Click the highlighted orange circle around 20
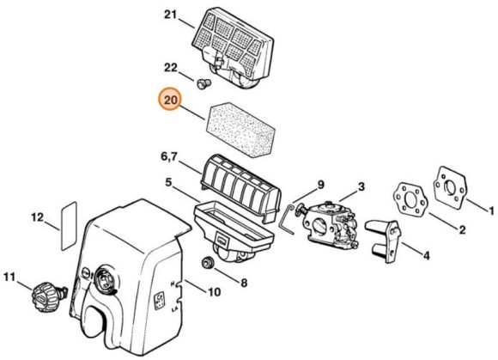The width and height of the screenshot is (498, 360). click(171, 99)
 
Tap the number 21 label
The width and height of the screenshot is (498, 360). click(171, 15)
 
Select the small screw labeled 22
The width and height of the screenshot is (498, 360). click(203, 84)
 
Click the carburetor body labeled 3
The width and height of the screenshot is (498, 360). click(331, 223)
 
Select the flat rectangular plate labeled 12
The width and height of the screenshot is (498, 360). click(69, 225)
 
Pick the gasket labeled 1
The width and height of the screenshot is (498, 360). click(451, 188)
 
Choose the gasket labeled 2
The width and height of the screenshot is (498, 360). click(411, 198)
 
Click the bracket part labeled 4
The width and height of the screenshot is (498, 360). click(384, 241)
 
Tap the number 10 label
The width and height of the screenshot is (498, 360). click(214, 291)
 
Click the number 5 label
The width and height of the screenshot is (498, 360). click(168, 183)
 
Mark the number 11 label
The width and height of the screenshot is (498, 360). click(9, 277)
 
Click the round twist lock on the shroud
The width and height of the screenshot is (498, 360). click(104, 279)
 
